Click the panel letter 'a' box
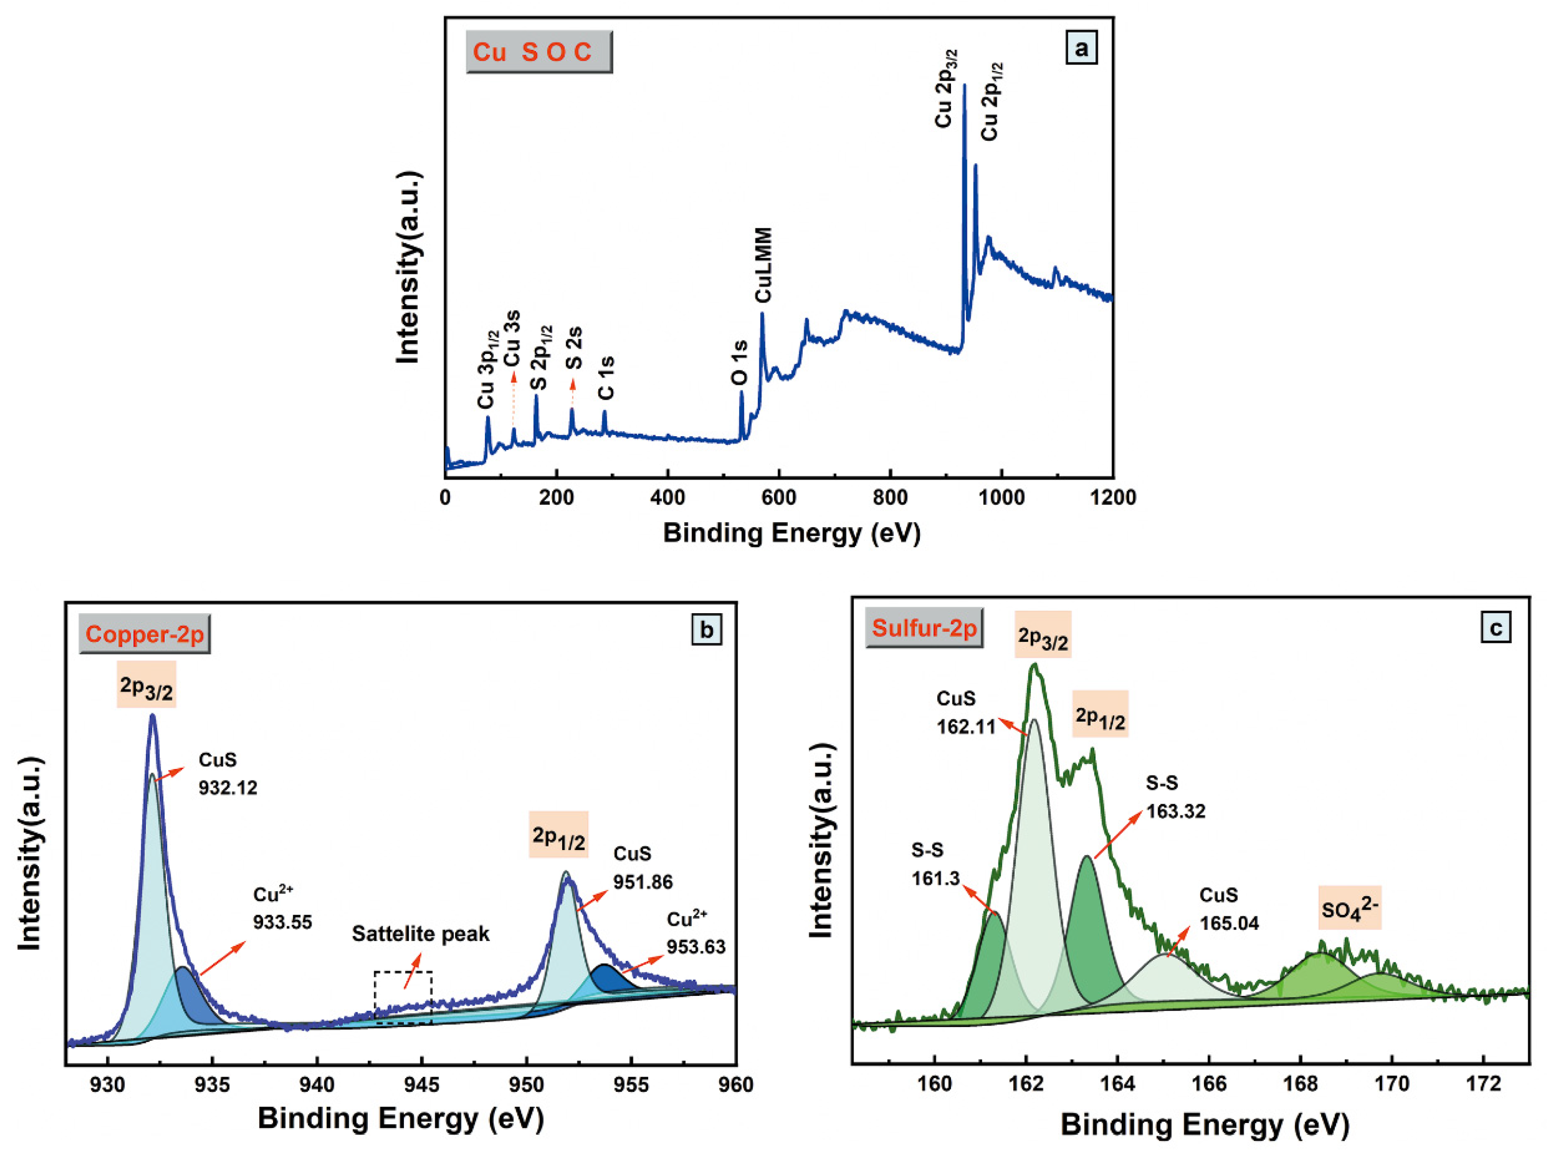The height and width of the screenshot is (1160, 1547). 1081,49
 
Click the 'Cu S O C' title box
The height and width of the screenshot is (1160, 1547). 538,52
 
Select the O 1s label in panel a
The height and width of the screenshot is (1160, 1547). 739,363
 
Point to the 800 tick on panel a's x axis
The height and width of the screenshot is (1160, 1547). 890,497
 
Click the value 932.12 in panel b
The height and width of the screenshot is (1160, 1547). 228,788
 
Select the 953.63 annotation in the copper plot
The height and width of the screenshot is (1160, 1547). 696,947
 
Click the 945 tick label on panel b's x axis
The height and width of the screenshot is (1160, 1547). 422,1085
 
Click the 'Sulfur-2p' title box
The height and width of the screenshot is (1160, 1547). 924,628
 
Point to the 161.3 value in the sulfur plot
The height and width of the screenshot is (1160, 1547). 935,878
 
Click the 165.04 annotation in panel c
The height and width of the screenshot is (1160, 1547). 1229,923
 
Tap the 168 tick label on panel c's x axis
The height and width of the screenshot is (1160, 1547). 1300,1084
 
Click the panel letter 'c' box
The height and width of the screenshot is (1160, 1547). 1496,628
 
